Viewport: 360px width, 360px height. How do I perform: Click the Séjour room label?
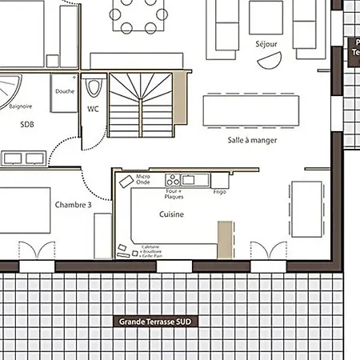click(266, 43)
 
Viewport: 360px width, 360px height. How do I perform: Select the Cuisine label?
click(172, 214)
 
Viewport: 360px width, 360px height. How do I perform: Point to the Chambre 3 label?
click(73, 205)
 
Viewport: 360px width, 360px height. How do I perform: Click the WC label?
click(93, 109)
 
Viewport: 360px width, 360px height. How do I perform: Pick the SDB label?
click(27, 124)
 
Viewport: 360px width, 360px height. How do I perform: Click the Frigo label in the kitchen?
click(220, 193)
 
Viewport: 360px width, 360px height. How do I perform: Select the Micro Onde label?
click(143, 179)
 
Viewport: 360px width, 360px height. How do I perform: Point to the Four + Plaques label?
click(174, 194)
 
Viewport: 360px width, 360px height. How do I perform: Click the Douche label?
click(65, 91)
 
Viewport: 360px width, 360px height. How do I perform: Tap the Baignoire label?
click(21, 106)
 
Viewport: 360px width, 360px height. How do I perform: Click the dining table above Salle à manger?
click(251, 110)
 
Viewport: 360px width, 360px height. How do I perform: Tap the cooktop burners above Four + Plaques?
click(174, 180)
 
